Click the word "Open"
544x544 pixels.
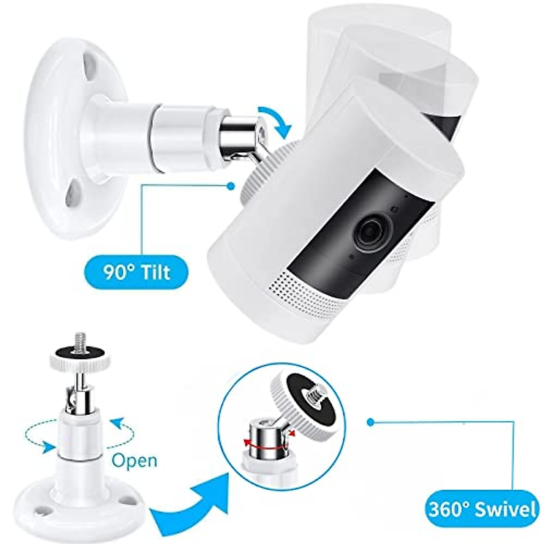(134, 461)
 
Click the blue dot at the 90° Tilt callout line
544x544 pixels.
(232, 185)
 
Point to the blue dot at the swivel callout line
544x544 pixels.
(371, 422)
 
